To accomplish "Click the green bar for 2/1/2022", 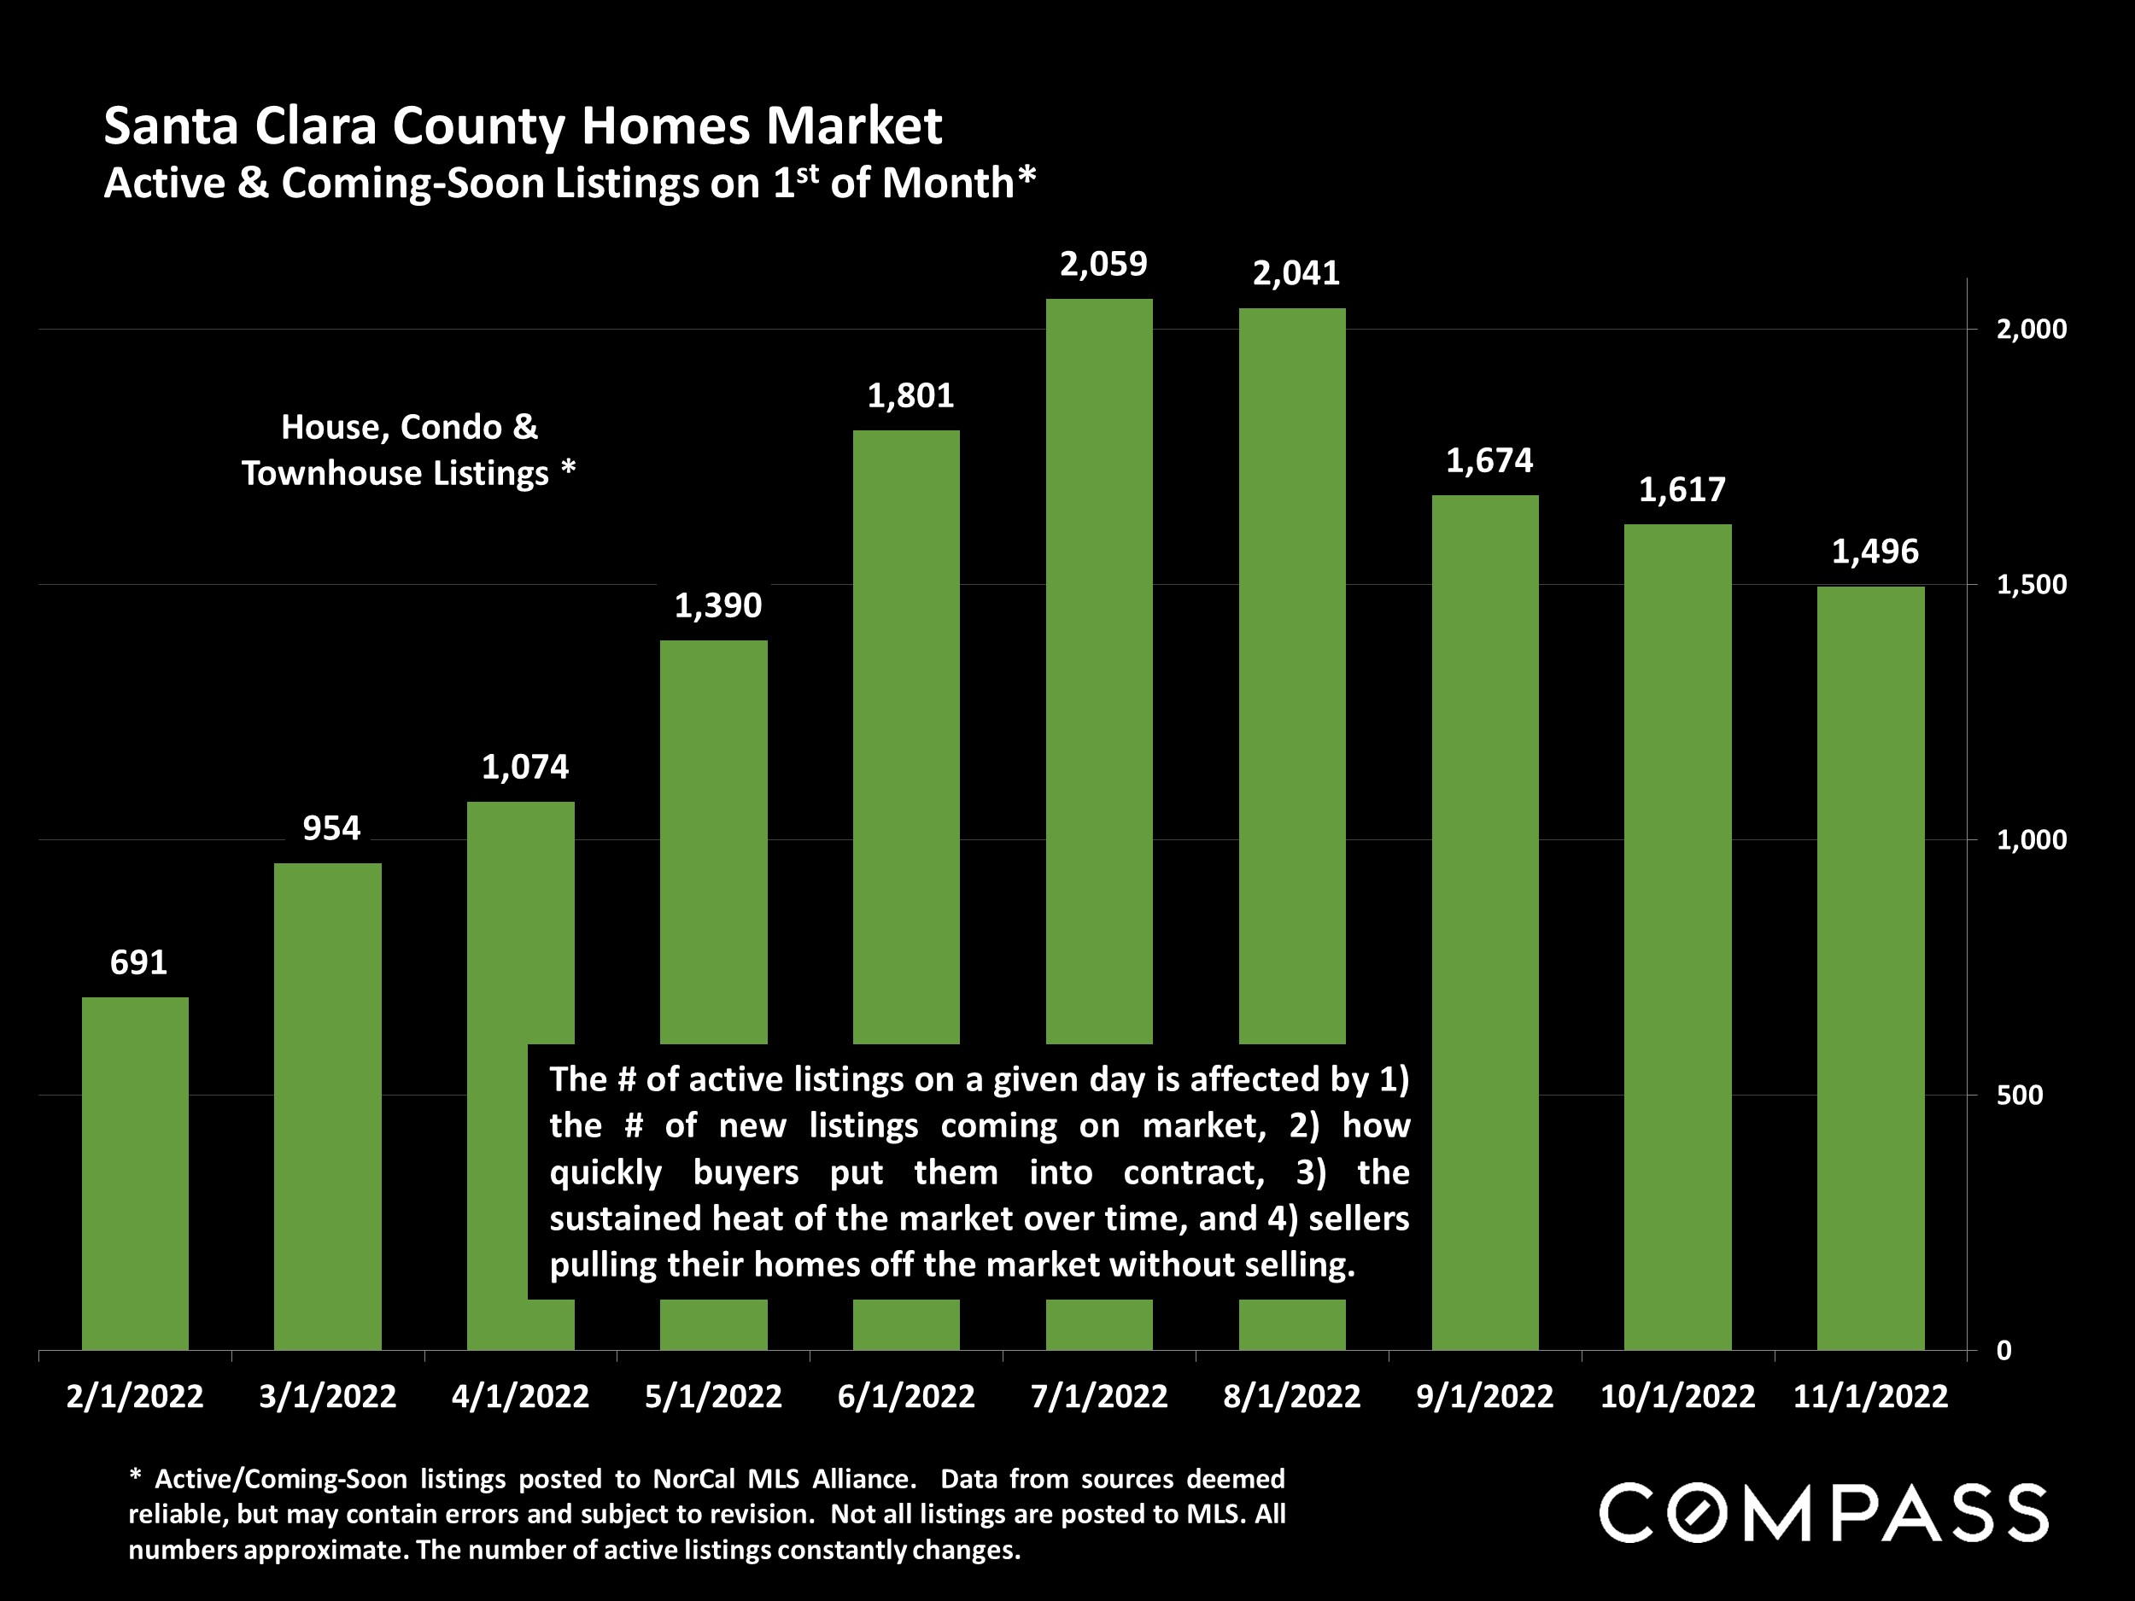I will (x=135, y=1172).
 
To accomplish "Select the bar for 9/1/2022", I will (x=1484, y=921).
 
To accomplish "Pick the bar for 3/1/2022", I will (x=327, y=1106).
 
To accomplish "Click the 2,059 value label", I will (x=1103, y=264).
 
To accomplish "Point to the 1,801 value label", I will (x=910, y=394).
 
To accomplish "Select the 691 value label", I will (x=138, y=962).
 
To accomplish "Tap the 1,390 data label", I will (x=717, y=605).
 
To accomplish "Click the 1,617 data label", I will (x=1682, y=489).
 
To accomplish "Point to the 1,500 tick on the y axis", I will (x=2031, y=584).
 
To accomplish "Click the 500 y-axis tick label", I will (x=2018, y=1096).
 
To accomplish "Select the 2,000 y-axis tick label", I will (x=2031, y=329).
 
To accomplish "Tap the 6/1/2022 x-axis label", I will (x=905, y=1396).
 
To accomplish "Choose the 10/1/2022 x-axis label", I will (x=1677, y=1396).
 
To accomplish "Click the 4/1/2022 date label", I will (x=520, y=1396).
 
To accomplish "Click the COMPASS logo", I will (x=1823, y=1512).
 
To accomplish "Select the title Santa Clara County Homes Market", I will (x=522, y=126).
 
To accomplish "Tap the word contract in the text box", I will (x=1193, y=1172).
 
